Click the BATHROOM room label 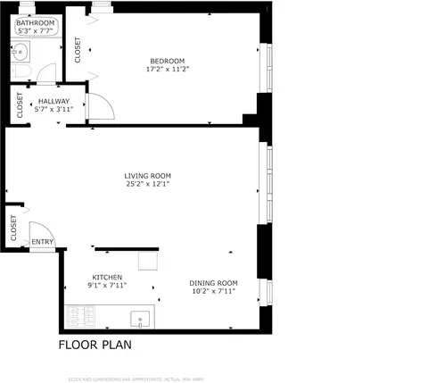[36, 22]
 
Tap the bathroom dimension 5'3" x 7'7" [36, 31]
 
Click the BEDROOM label [167, 61]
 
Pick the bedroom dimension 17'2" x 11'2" [167, 70]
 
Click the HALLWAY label [53, 101]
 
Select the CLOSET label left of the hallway [19, 105]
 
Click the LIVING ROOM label [147, 176]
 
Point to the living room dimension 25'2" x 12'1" [147, 185]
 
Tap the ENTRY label [42, 241]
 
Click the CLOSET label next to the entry [13, 229]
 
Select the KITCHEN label [107, 277]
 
